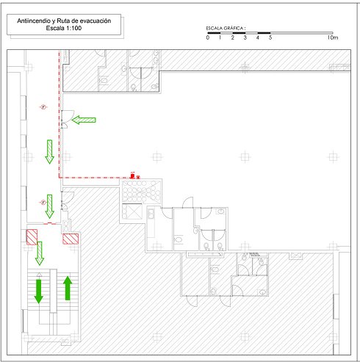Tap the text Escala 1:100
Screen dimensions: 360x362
pos(64,28)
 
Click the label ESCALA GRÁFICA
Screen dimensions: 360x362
pos(226,28)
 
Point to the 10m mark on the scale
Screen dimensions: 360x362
pos(332,37)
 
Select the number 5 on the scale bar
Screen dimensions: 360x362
pos(270,37)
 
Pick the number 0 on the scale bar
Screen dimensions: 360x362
pos(208,37)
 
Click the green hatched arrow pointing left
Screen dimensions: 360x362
pos(84,120)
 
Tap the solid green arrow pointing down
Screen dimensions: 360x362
pos(38,292)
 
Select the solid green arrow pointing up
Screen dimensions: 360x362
pos(68,288)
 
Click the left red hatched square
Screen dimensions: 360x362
pos(32,237)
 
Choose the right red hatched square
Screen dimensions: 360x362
pos(71,239)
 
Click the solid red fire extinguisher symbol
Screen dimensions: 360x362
pos(132,175)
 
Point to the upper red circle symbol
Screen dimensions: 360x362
pos(43,107)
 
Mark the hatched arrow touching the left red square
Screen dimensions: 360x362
pos(40,253)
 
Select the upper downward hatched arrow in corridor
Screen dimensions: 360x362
pos(49,152)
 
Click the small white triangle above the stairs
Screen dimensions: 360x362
pos(39,275)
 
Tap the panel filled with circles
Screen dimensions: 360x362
pos(141,191)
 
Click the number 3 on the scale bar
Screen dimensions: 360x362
pos(245,37)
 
